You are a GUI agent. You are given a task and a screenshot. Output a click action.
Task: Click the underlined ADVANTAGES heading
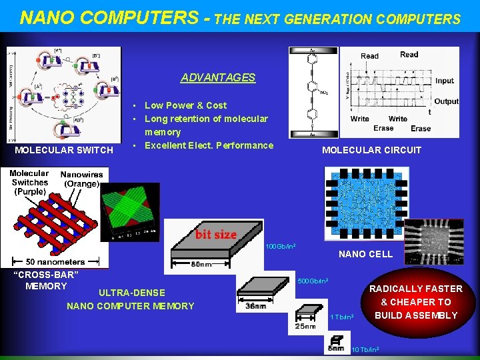218,77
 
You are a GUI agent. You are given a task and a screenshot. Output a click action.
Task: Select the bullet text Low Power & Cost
185,105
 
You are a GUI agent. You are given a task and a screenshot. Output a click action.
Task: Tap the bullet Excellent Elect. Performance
209,145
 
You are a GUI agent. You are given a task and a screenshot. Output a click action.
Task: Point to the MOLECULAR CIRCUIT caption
371,150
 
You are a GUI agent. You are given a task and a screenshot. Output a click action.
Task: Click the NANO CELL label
365,254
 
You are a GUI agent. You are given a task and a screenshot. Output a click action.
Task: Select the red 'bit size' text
215,234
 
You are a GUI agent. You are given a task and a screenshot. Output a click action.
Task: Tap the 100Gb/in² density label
281,247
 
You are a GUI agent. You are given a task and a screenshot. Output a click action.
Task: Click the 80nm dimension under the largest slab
200,264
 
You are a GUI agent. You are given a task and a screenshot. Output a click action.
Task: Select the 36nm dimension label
256,307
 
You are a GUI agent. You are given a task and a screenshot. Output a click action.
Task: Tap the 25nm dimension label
306,327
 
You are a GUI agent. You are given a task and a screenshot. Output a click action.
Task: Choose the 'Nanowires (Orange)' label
81,179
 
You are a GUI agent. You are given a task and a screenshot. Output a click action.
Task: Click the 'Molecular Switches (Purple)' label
29,182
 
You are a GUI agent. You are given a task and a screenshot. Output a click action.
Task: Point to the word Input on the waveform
444,81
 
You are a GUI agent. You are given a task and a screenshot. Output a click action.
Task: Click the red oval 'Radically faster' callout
415,302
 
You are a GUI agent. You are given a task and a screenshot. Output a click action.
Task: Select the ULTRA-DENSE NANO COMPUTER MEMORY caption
131,299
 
